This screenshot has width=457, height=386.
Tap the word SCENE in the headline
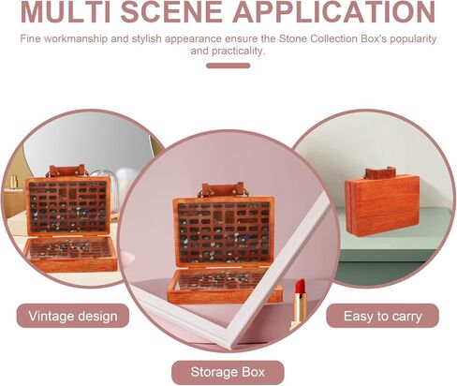pyautogui.click(x=171, y=12)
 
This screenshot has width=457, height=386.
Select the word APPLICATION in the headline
pyautogui.click(x=333, y=12)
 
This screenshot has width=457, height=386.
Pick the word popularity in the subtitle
pyautogui.click(x=413, y=39)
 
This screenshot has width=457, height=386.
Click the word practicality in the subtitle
pyautogui.click(x=228, y=52)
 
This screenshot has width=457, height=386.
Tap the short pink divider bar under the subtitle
pyautogui.click(x=228, y=66)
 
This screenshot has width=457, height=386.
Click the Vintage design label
pyautogui.click(x=73, y=316)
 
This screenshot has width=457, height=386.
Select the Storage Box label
pyautogui.click(x=228, y=372)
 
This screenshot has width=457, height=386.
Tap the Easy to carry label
pyautogui.click(x=383, y=316)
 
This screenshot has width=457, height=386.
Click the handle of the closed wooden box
pyautogui.click(x=379, y=172)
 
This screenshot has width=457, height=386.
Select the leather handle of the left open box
pyautogui.click(x=66, y=171)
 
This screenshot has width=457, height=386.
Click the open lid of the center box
pyautogui.click(x=224, y=231)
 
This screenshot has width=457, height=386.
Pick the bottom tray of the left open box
pyautogui.click(x=71, y=253)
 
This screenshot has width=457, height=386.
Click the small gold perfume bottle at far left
pyautogui.click(x=13, y=182)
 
